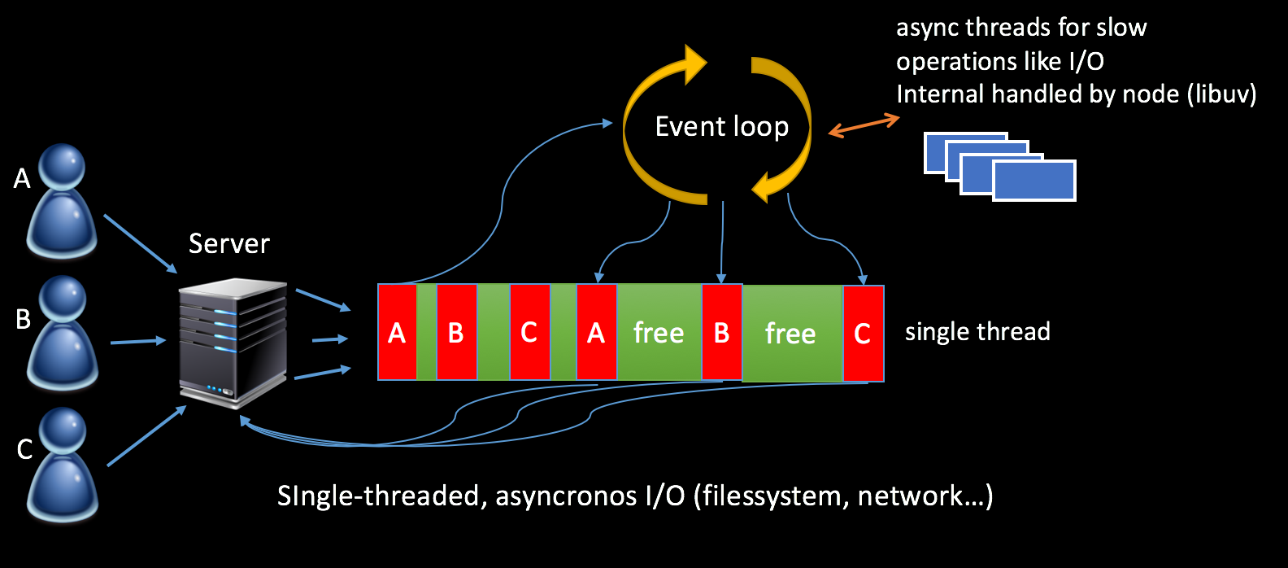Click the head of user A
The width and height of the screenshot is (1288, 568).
[x=63, y=167]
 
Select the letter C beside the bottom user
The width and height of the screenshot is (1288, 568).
[x=24, y=449]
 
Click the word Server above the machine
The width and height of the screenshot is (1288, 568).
[x=228, y=243]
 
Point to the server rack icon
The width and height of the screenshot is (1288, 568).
[x=233, y=342]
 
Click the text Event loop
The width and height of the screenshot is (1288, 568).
[x=721, y=127]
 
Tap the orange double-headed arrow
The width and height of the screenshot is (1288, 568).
[x=864, y=126]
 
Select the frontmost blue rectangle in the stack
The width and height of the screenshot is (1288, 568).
[x=1033, y=181]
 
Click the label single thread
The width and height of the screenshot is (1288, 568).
[x=977, y=332]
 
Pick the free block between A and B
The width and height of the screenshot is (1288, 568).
[x=659, y=333]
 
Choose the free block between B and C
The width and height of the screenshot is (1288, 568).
[x=790, y=334]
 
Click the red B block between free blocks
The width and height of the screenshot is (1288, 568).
[x=721, y=333]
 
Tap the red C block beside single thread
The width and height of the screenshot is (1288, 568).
[x=863, y=334]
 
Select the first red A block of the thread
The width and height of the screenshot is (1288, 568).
[x=397, y=333]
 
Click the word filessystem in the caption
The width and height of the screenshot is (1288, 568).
[x=772, y=496]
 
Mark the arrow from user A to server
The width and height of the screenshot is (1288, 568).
[x=140, y=243]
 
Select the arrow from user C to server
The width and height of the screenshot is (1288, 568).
[x=146, y=436]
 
